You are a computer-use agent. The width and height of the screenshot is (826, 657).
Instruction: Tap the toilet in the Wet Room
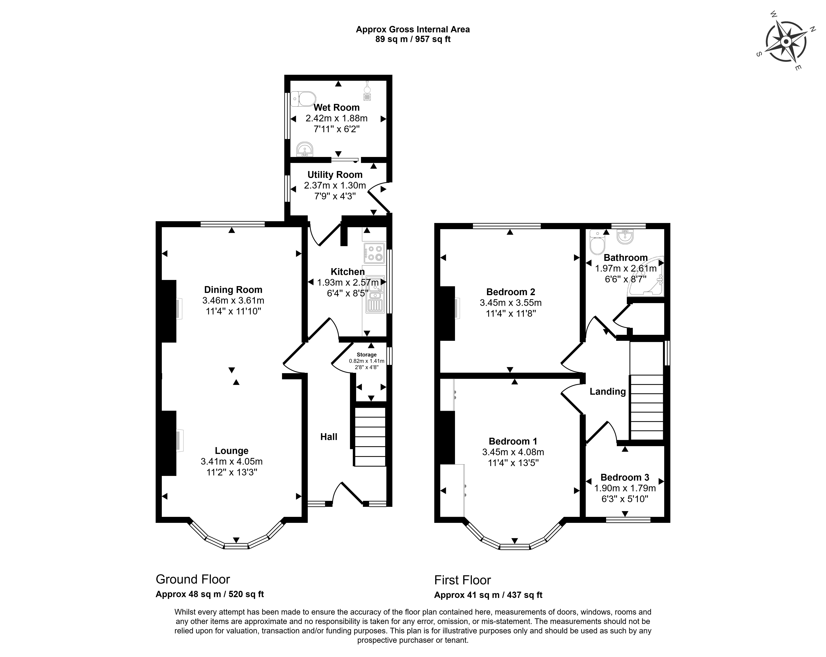[303, 99]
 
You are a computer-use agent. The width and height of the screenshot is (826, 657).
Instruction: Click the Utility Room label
[335, 175]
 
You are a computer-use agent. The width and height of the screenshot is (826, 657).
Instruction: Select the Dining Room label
[233, 290]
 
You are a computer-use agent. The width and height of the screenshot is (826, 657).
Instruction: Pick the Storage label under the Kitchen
[367, 355]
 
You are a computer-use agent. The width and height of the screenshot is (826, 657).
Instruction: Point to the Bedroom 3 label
[625, 477]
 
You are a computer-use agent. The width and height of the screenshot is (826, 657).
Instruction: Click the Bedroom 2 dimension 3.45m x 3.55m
[511, 303]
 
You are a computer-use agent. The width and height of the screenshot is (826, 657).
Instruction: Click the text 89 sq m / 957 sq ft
[413, 39]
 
